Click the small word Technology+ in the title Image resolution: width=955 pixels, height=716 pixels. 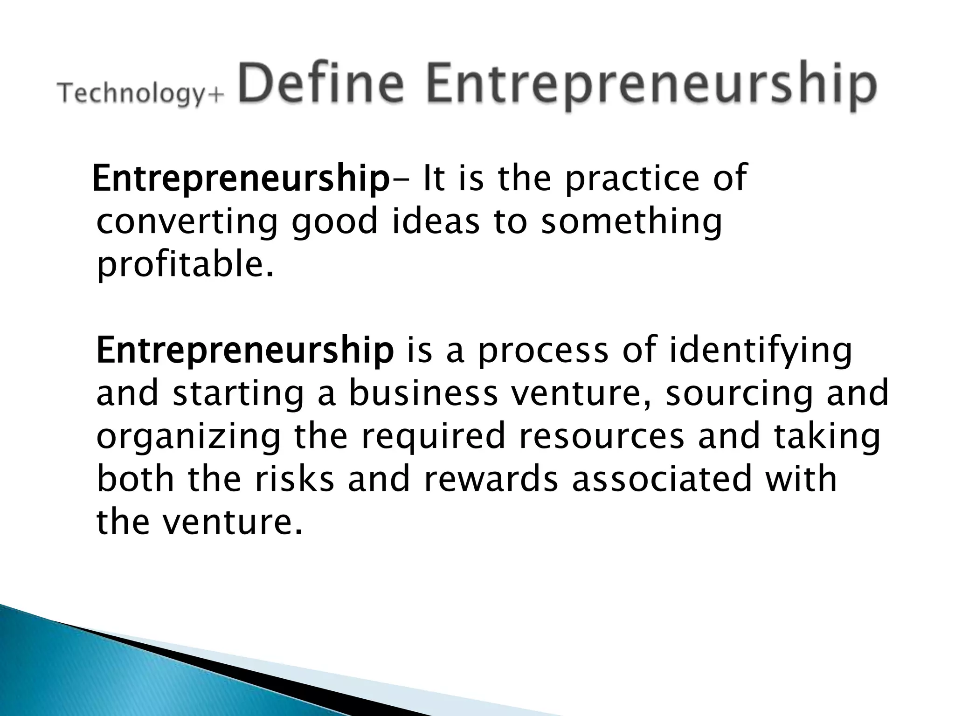click(140, 94)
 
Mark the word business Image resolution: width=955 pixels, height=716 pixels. click(423, 392)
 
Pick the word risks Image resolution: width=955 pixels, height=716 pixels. click(294, 479)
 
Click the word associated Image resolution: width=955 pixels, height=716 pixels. click(662, 479)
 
